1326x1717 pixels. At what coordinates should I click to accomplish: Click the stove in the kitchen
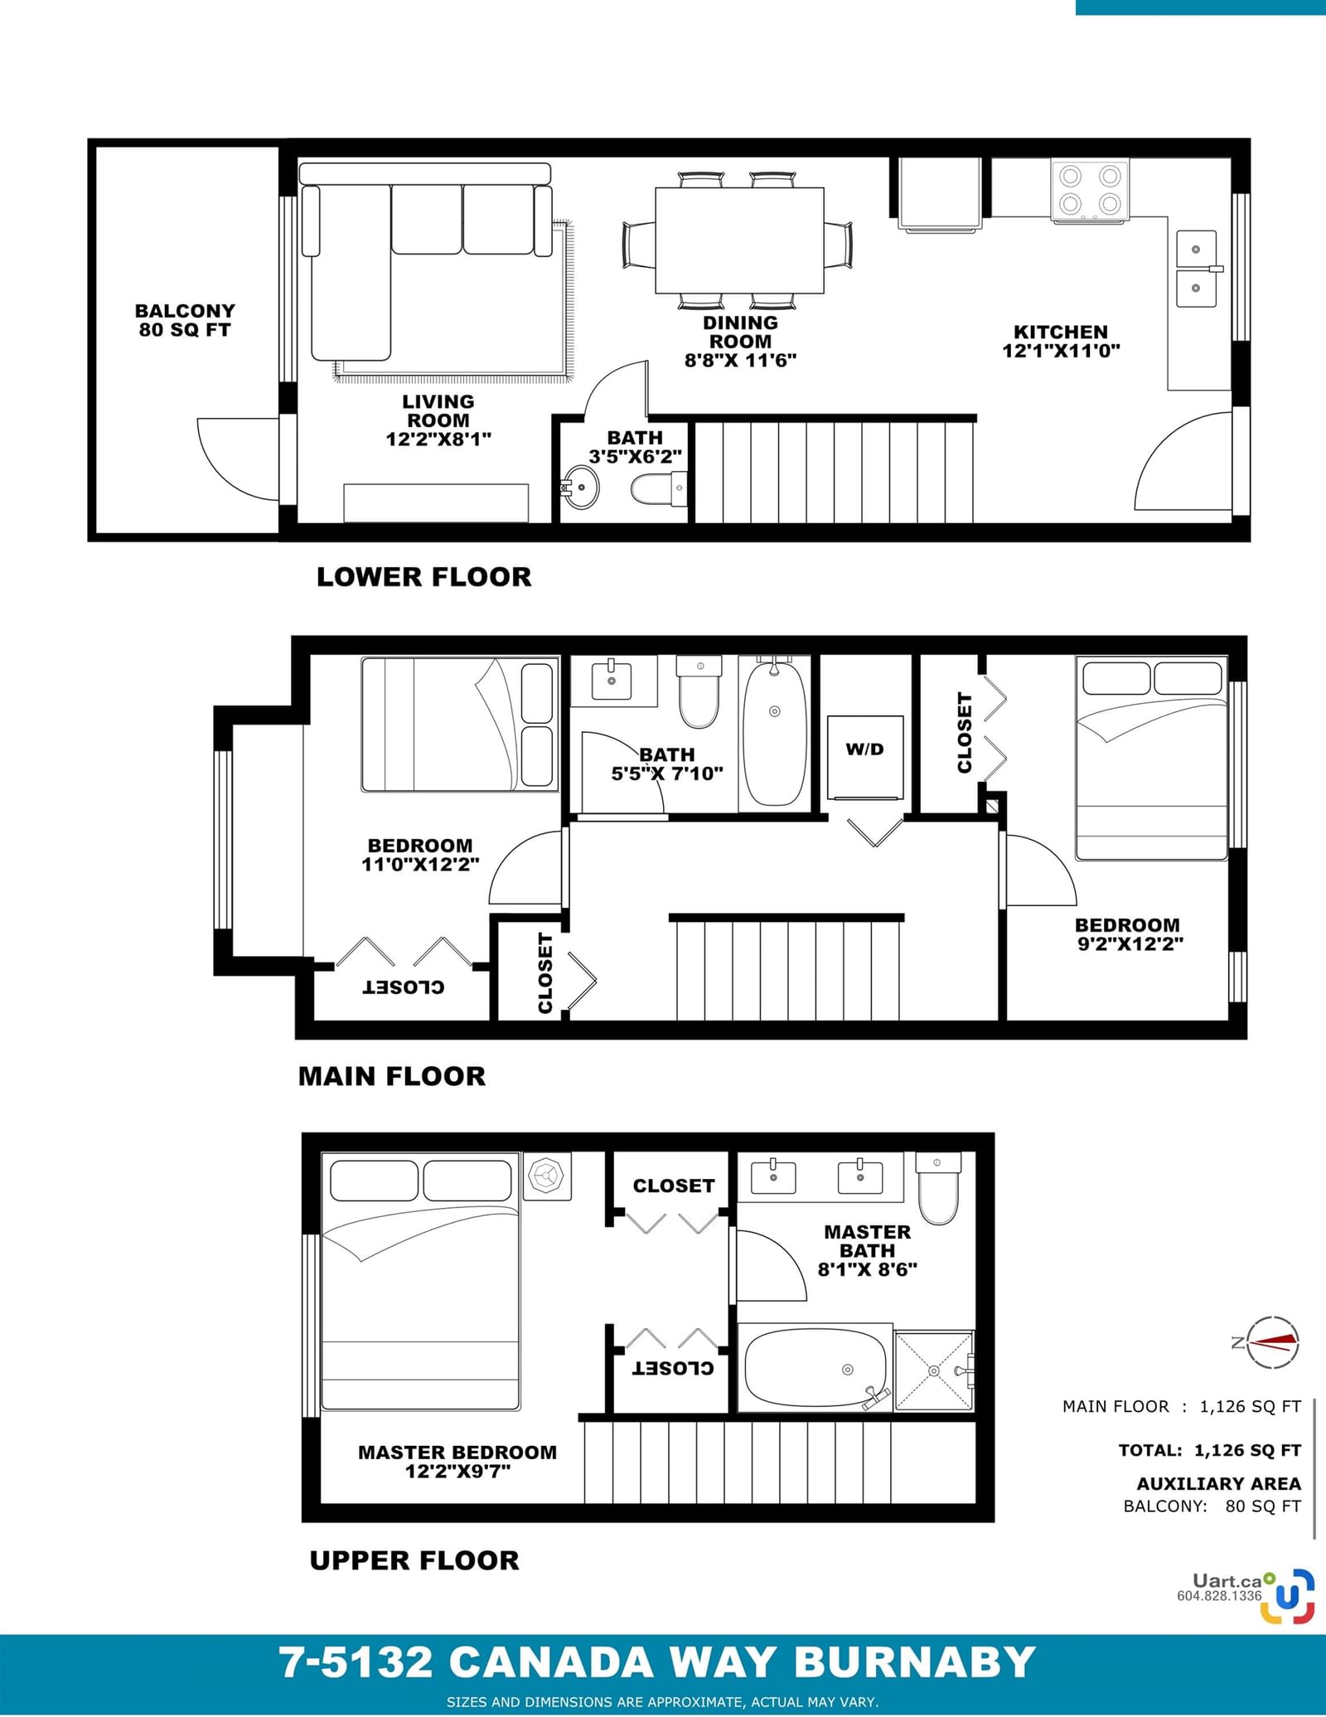1090,191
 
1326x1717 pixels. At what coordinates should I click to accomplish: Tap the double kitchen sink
1197,269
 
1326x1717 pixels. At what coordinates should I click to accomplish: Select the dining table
739,240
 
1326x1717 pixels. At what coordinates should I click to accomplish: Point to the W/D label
864,749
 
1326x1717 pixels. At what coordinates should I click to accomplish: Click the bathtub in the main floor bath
774,731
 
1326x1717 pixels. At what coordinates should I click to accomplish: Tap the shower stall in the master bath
934,1370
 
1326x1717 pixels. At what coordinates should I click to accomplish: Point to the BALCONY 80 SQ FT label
185,320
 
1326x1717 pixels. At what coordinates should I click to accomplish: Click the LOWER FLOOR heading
423,577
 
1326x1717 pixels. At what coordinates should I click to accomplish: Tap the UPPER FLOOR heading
414,1560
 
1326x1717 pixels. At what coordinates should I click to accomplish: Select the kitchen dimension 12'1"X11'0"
1061,351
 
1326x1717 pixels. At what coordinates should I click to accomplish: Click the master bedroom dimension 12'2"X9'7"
457,1472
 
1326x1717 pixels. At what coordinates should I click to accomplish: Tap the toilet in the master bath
938,1187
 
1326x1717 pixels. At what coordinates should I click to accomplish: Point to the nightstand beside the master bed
547,1176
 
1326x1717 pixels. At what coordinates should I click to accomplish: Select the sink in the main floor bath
612,680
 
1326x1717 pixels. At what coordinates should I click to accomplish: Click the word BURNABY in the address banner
915,1662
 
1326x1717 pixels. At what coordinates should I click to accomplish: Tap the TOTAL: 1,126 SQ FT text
1209,1450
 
